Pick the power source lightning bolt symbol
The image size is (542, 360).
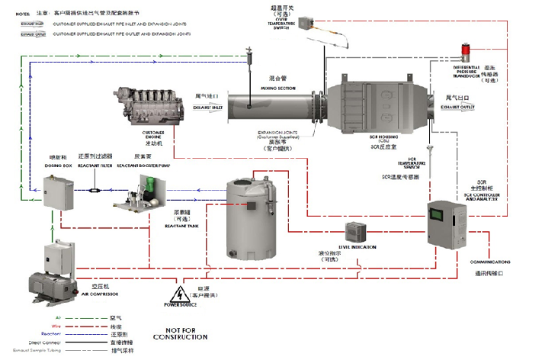click(180, 293)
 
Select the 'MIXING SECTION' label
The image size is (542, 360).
click(261, 88)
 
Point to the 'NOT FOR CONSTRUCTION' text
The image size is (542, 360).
click(180, 333)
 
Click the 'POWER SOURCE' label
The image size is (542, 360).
click(180, 305)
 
